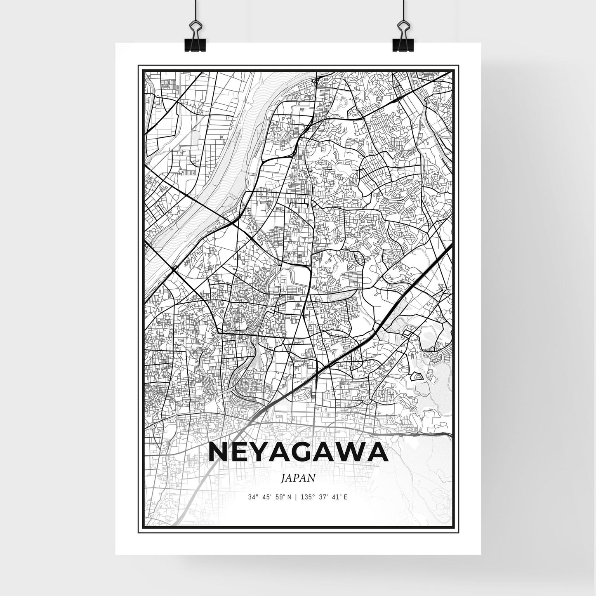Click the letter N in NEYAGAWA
[x=220, y=453]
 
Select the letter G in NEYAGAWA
[x=313, y=453]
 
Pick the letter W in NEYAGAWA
[x=356, y=453]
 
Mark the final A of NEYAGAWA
[x=379, y=453]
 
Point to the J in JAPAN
[x=283, y=478]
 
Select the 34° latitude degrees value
[x=252, y=497]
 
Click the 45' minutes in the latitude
[x=265, y=497]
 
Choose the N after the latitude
[x=289, y=497]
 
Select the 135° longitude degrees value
[x=304, y=497]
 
